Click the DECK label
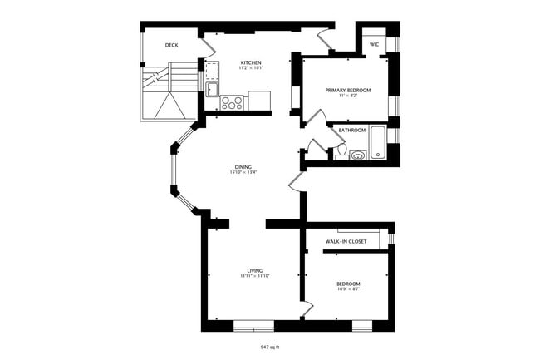[172, 45]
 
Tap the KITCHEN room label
[251, 63]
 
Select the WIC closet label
[375, 43]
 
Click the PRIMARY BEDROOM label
[348, 90]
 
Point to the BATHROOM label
[352, 131]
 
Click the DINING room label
[242, 167]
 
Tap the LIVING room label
[255, 271]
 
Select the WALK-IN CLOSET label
[347, 242]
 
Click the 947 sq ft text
[270, 347]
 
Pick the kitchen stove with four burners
[232, 104]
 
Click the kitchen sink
[212, 89]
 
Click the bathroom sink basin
[357, 154]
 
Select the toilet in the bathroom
[340, 154]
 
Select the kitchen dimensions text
[251, 69]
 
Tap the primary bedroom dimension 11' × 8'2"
[348, 96]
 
